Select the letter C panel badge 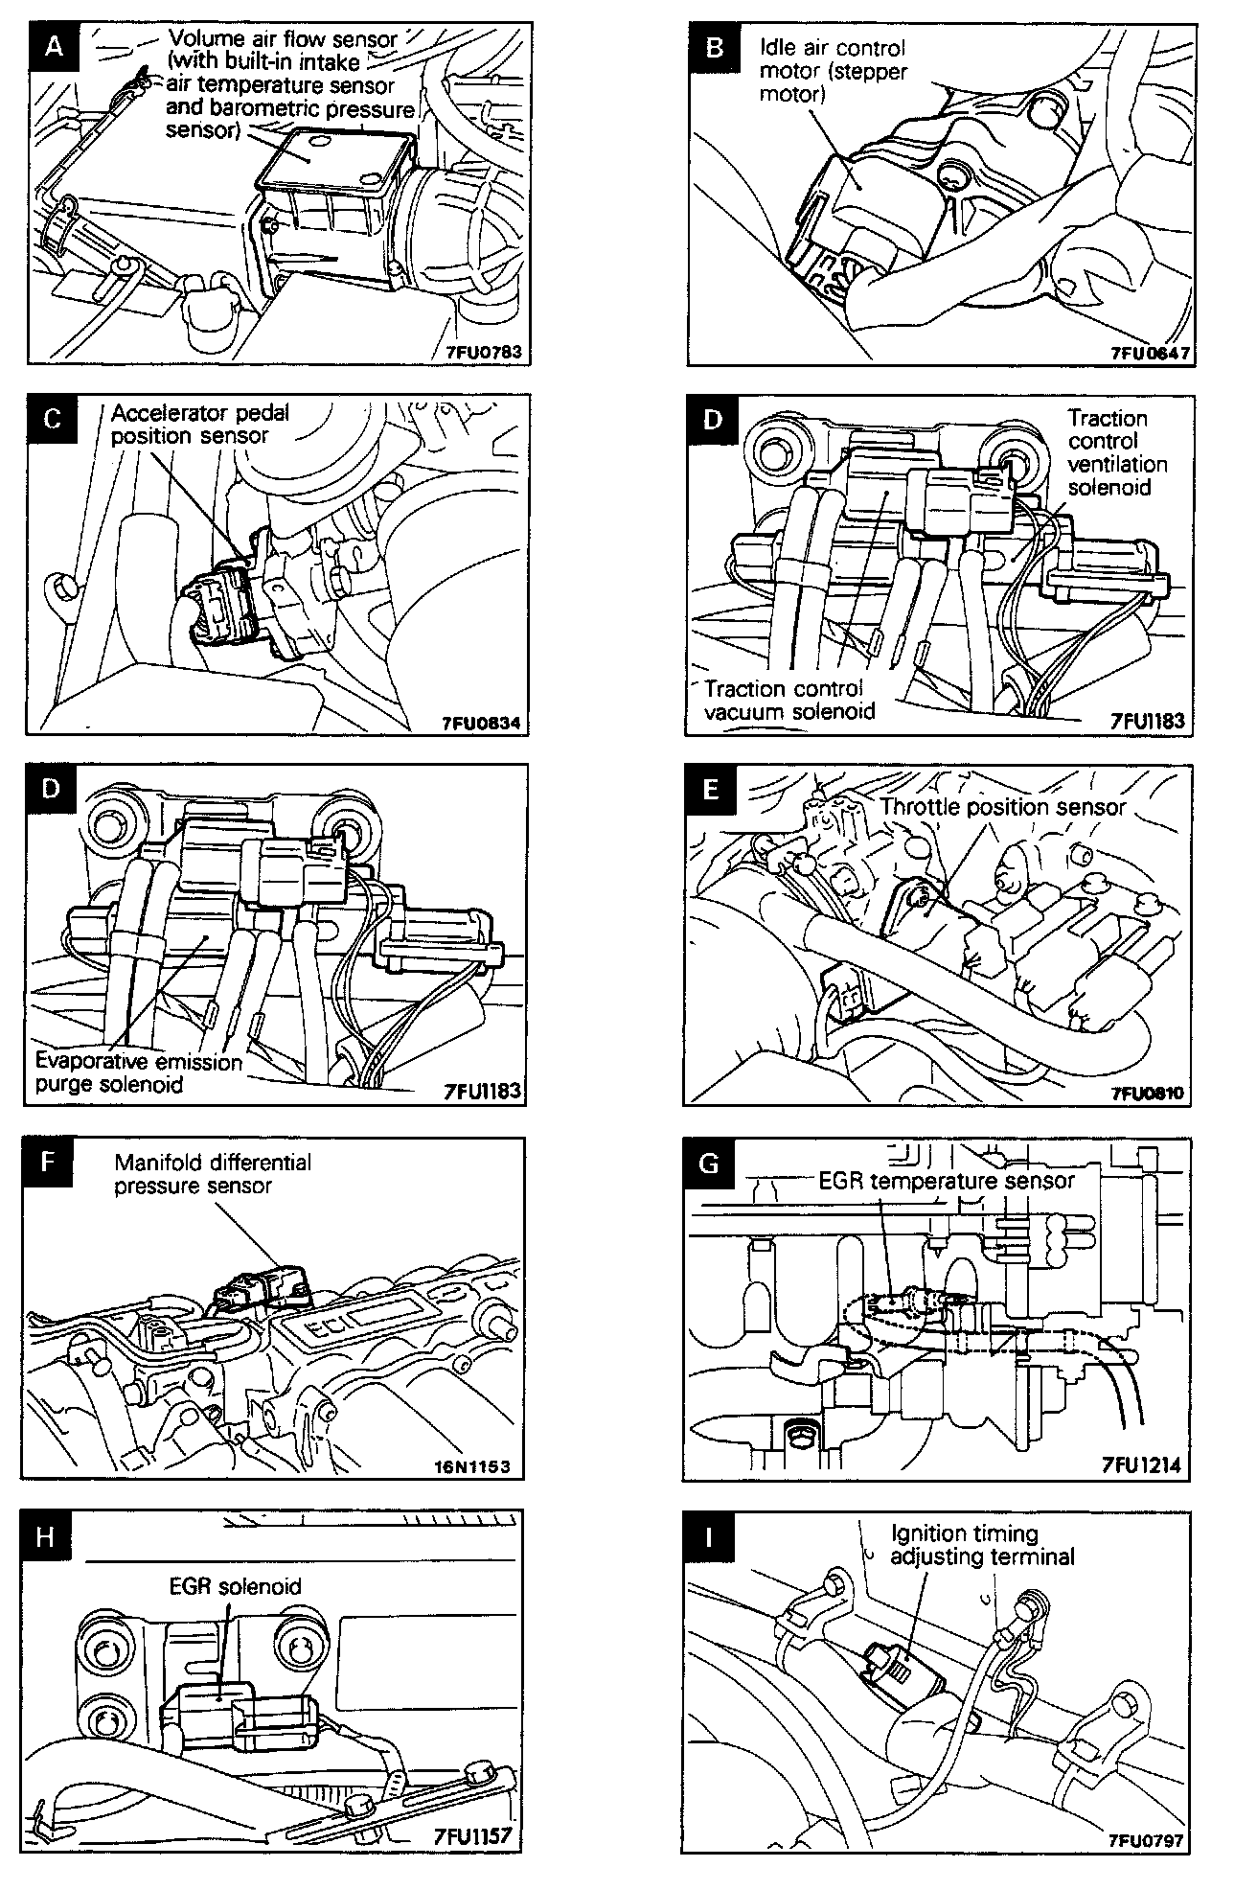pyautogui.click(x=53, y=419)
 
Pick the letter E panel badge pyautogui.click(x=710, y=789)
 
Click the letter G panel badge pyautogui.click(x=710, y=1163)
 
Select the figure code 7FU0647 pyautogui.click(x=1150, y=353)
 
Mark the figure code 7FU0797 pyautogui.click(x=1146, y=1840)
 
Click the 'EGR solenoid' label pyautogui.click(x=234, y=1586)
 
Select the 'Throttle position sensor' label pyautogui.click(x=1002, y=807)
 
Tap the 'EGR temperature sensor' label pyautogui.click(x=947, y=1181)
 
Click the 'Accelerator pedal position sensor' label pyautogui.click(x=199, y=424)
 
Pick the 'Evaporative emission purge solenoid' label pyautogui.click(x=138, y=1073)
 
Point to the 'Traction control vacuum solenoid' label pyautogui.click(x=789, y=700)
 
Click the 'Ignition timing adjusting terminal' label pyautogui.click(x=981, y=1545)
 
